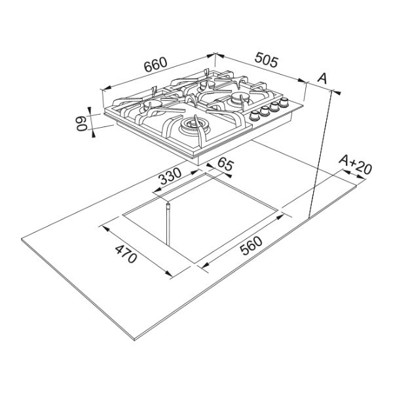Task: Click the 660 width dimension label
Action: pyautogui.click(x=155, y=64)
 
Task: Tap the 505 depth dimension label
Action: pyautogui.click(x=267, y=60)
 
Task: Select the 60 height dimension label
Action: pyautogui.click(x=82, y=123)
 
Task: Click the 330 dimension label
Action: pyautogui.click(x=170, y=176)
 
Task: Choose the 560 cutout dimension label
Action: pyautogui.click(x=251, y=246)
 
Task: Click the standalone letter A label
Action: pyautogui.click(x=322, y=78)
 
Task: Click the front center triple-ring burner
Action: pyautogui.click(x=193, y=126)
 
